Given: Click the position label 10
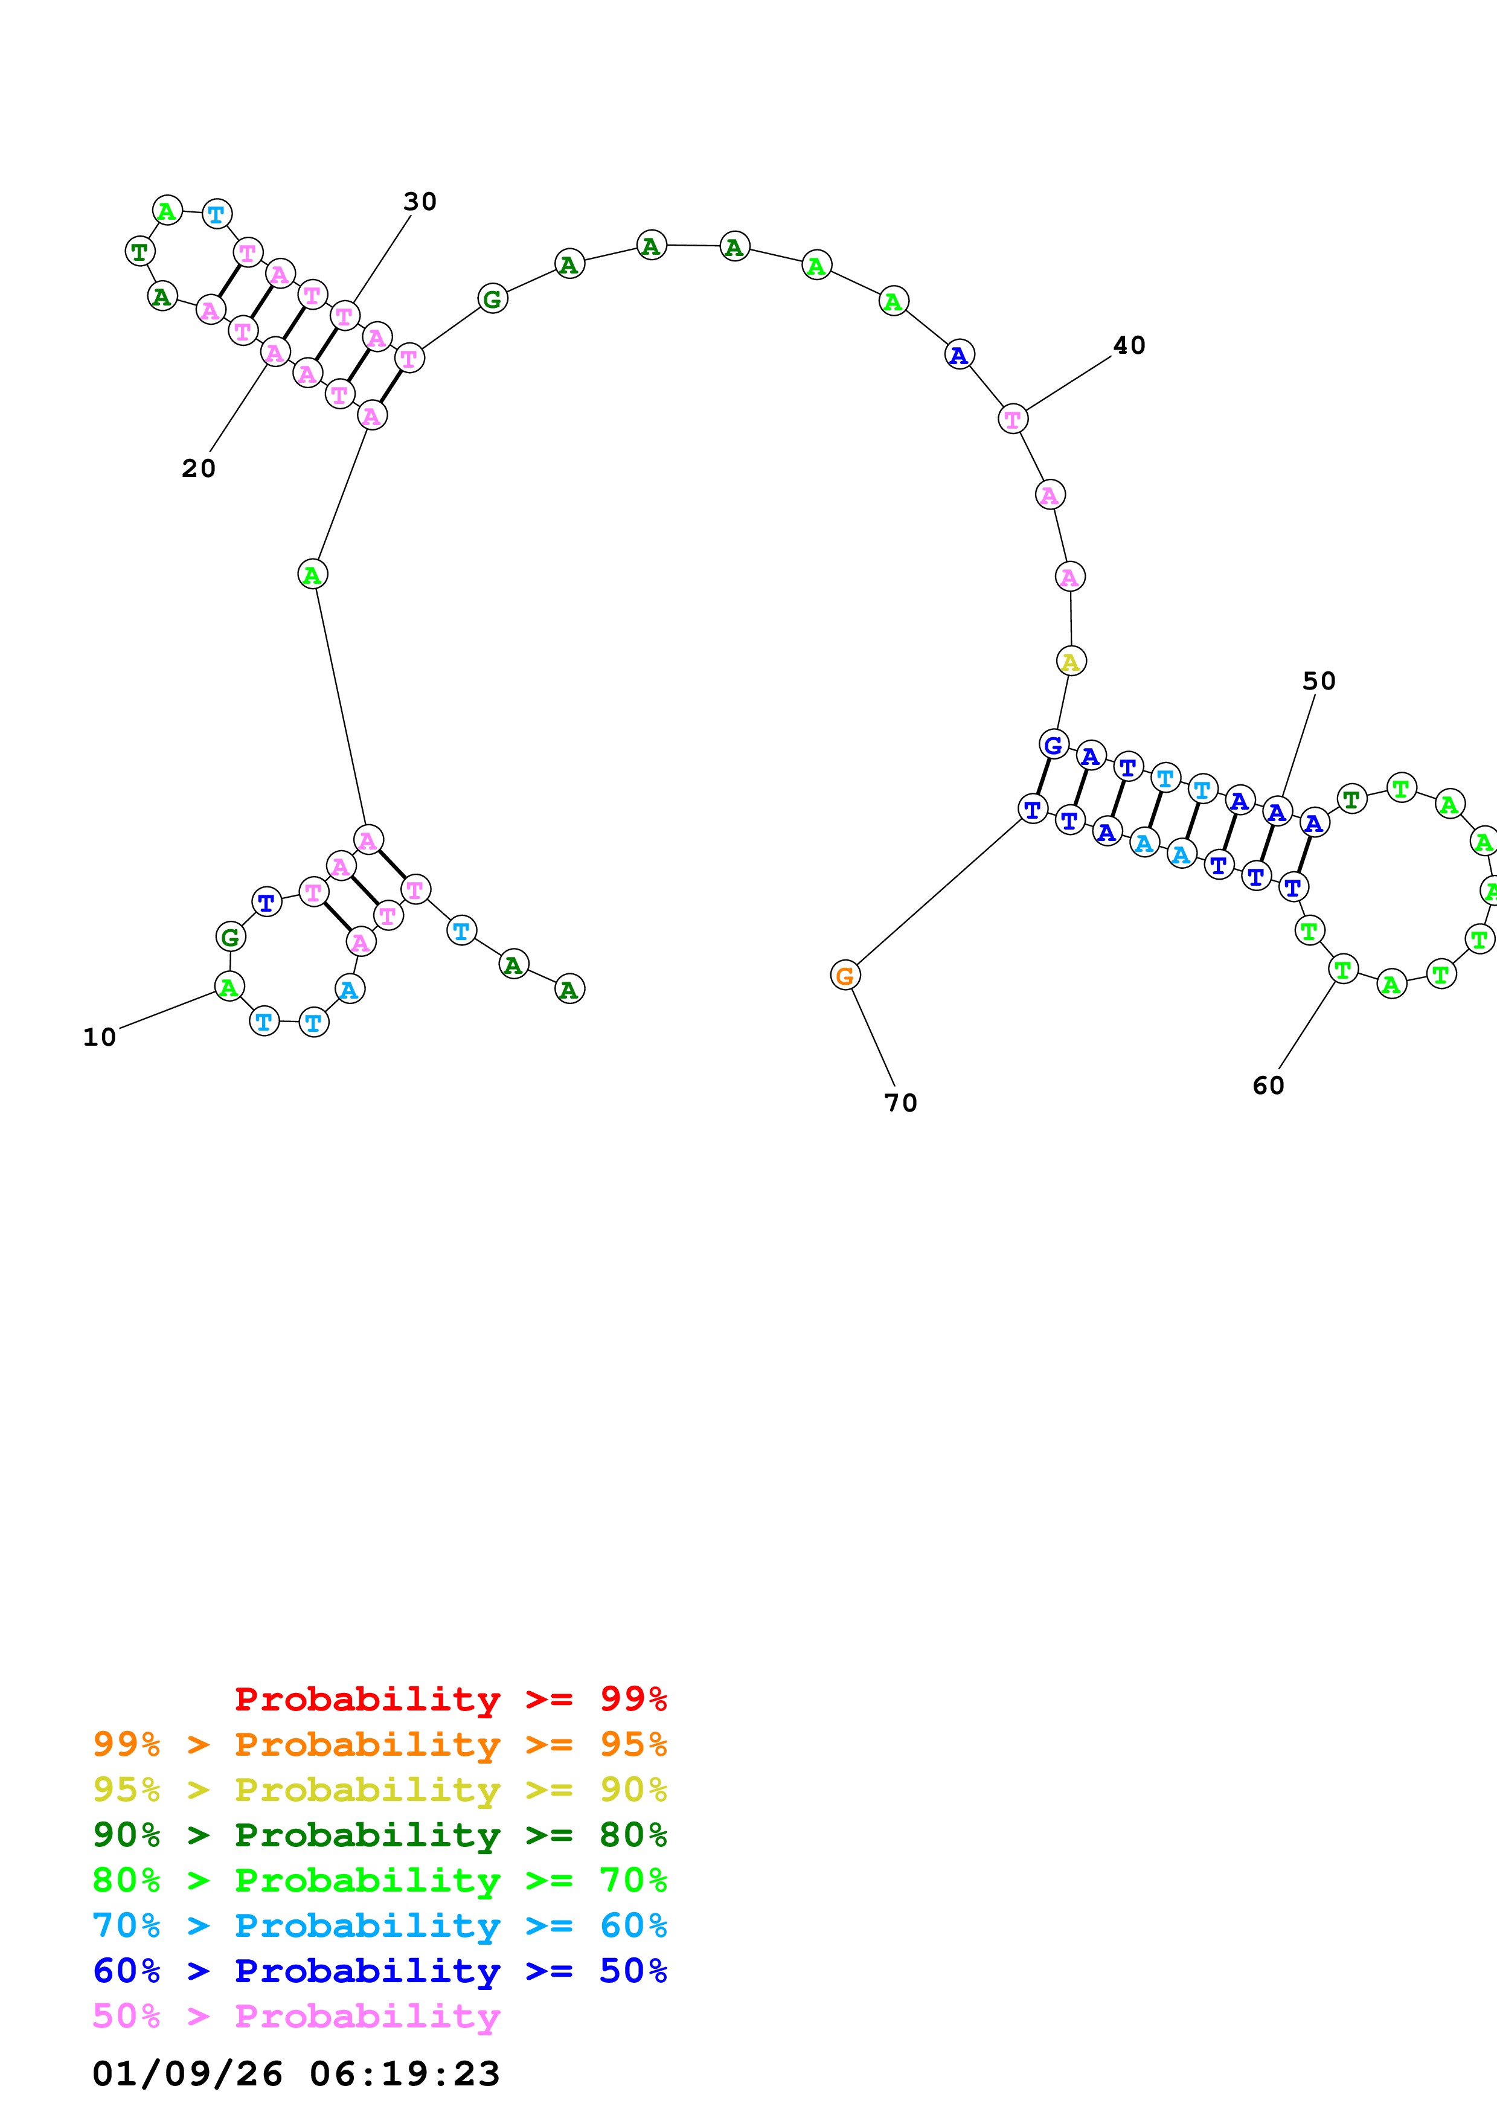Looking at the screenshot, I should pos(100,1038).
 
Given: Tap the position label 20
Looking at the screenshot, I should pos(198,469).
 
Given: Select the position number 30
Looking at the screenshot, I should pos(420,202).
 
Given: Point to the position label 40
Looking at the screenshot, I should pos(1129,346).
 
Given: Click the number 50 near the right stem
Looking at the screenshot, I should pos(1319,682).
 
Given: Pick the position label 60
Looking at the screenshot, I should pos(1268,1086).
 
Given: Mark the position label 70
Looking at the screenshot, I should pos(900,1103).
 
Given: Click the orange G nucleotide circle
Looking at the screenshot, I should pos(845,975).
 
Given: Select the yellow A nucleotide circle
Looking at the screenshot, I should pos(1071,661).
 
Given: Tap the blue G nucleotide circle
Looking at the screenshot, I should pos(1053,744).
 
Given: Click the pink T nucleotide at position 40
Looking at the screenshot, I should pos(1013,419).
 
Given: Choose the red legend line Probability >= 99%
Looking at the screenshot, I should pos(450,1699).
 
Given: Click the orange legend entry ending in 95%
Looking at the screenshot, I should pos(380,1744).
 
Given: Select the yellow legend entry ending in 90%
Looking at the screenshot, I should pos(380,1790).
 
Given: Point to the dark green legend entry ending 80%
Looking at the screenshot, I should pos(380,1835).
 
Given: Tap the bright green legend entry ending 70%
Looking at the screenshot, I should pos(380,1880).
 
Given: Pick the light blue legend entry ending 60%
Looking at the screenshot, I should pos(380,1925).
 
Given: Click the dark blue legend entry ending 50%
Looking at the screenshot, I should pos(380,1971).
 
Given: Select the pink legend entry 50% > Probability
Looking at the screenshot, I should pos(296,2015).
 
